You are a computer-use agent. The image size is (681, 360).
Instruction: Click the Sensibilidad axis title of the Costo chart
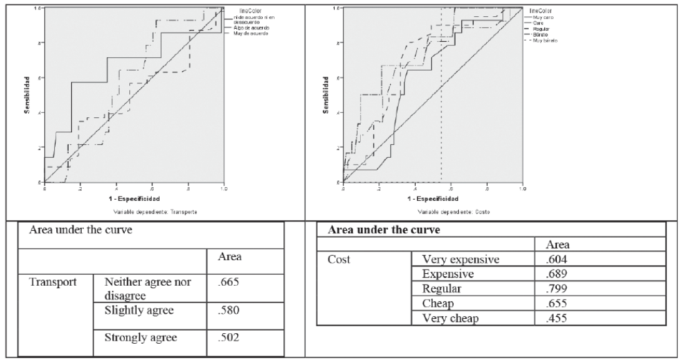(x=325, y=95)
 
